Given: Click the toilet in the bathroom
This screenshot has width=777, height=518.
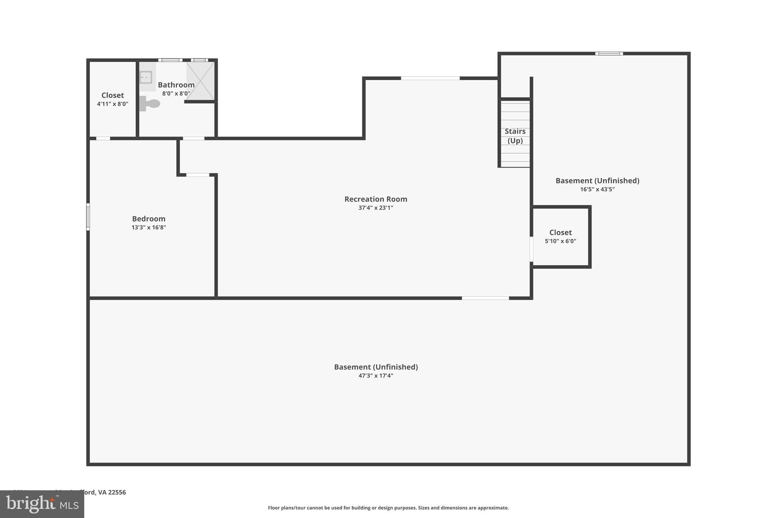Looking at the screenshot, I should click(x=150, y=103).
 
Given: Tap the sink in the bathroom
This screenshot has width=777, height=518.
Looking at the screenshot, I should click(x=146, y=77).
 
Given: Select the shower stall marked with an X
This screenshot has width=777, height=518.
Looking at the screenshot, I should click(x=200, y=81).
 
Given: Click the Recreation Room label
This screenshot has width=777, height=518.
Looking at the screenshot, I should click(x=376, y=199).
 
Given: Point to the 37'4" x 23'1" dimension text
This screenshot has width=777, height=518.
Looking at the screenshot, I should click(x=376, y=208).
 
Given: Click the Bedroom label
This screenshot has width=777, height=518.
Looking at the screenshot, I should click(x=149, y=219).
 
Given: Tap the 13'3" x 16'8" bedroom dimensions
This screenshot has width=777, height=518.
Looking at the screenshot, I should click(x=149, y=227).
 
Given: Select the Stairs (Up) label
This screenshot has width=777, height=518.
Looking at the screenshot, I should click(x=515, y=136).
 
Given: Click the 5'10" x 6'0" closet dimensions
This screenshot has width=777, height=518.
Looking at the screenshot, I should click(x=560, y=241).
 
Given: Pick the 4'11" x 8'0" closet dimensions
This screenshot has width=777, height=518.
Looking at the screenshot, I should click(x=113, y=104).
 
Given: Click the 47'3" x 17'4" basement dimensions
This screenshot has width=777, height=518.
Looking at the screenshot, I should click(x=376, y=376).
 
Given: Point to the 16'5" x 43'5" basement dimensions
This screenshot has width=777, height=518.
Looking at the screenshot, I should click(x=597, y=189).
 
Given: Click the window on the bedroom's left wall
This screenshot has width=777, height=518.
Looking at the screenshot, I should click(x=88, y=217).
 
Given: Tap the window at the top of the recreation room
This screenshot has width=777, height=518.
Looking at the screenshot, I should click(x=430, y=78).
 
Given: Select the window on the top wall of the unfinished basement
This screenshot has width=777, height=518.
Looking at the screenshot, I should click(x=609, y=54).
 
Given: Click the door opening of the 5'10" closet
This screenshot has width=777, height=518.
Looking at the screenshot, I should click(x=532, y=249).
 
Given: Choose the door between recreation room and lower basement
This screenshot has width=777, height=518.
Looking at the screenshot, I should click(x=485, y=298).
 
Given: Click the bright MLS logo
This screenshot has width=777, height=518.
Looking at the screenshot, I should click(x=42, y=504).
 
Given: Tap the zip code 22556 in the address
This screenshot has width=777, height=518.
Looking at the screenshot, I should click(x=117, y=492).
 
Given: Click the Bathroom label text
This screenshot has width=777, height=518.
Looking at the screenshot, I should click(x=176, y=85).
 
